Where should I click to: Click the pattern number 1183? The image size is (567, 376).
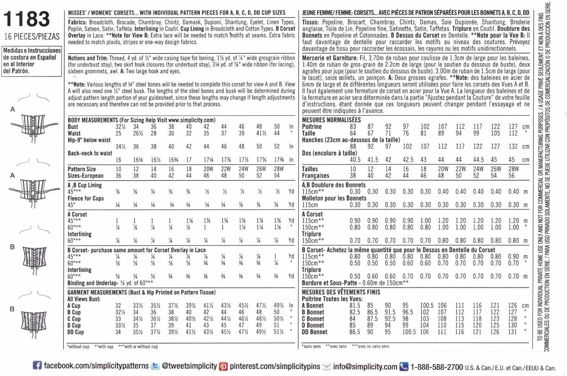point(26,19)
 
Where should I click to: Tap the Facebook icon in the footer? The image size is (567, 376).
point(37,365)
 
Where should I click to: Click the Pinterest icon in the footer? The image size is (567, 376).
point(224,366)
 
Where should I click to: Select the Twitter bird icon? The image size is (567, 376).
point(155,366)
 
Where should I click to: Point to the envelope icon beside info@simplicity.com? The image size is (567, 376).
point(327,366)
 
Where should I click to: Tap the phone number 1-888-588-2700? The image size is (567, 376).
point(437,367)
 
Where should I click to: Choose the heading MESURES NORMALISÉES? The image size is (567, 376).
point(331,120)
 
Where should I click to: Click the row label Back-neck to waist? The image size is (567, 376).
point(90,153)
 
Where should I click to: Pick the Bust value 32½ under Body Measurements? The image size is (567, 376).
point(121,127)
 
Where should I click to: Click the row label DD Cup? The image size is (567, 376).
point(76,332)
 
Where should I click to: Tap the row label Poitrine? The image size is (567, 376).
point(312,127)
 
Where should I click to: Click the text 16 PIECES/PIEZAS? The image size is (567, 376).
point(32,37)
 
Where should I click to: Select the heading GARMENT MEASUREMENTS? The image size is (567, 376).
point(97,292)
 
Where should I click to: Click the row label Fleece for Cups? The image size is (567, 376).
point(86,198)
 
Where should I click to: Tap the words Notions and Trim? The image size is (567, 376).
point(88,58)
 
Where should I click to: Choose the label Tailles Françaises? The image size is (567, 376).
point(316,172)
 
